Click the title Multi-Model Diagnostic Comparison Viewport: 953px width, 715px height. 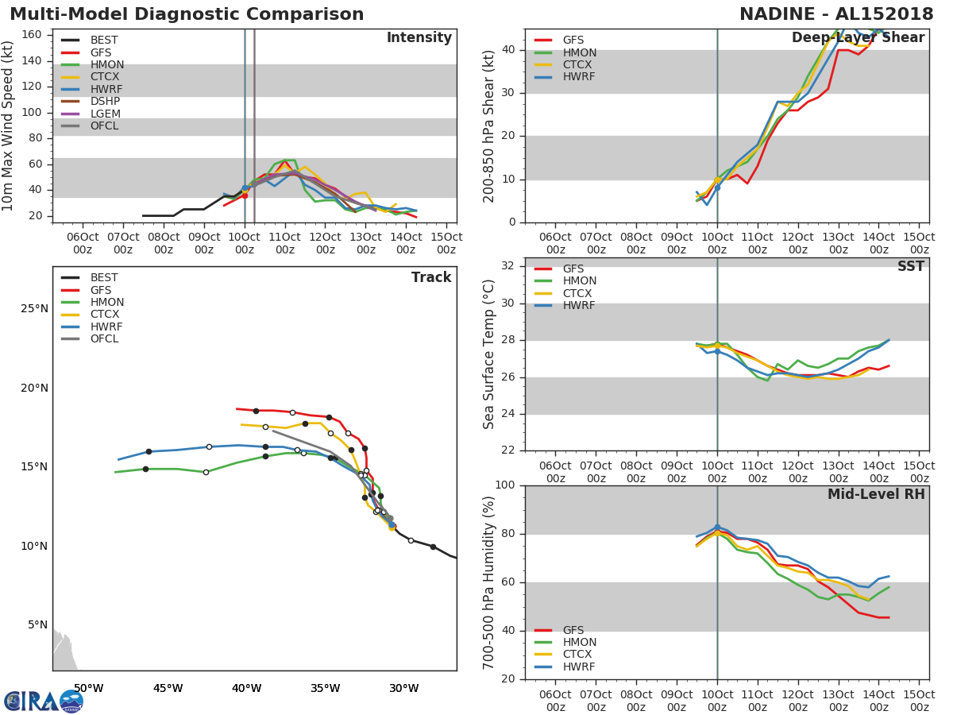(x=187, y=14)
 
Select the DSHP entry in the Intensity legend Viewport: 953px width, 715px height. (x=105, y=102)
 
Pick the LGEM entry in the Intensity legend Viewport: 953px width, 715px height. (x=105, y=114)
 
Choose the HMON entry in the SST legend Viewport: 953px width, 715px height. (x=579, y=281)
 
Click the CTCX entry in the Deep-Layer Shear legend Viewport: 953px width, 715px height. (x=579, y=65)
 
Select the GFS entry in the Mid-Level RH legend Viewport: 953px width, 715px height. (x=573, y=630)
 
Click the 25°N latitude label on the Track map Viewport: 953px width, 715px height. (x=33, y=309)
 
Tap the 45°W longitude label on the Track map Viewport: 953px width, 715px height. (x=168, y=688)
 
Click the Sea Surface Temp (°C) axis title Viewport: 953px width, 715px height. (x=489, y=354)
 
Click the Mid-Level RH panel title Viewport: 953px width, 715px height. (x=876, y=494)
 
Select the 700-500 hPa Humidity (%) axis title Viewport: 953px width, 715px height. (x=489, y=582)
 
